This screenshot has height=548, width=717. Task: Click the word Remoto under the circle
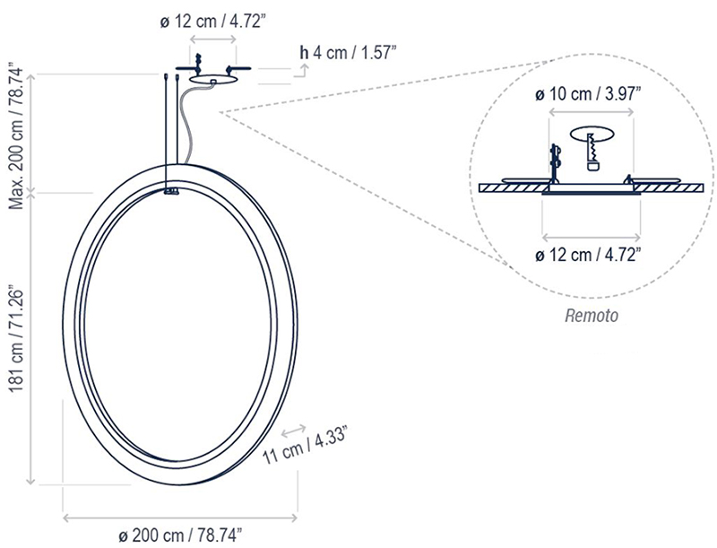pos(592,316)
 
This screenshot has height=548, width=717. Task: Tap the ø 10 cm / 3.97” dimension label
pos(587,94)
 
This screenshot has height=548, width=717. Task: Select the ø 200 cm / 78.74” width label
pos(180,535)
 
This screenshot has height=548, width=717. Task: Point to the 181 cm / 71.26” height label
pos(17,340)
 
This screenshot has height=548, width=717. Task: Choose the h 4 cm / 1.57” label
pos(348,53)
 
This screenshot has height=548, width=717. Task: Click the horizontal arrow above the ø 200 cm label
pos(180,518)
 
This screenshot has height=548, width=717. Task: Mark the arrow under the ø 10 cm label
pos(591,111)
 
